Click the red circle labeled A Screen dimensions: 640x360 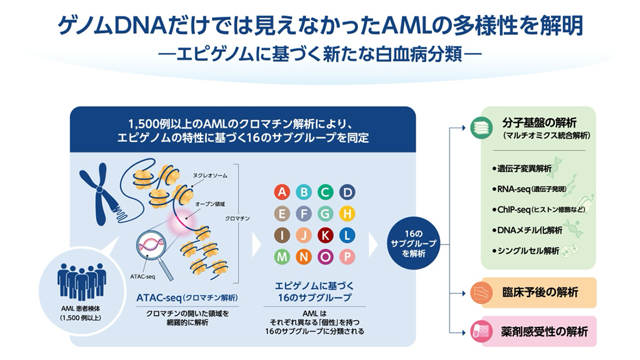point(282,192)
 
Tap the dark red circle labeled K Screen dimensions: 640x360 point(325,235)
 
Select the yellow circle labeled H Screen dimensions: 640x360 point(347,214)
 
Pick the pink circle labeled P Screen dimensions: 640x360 point(347,257)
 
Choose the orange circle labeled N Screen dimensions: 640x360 point(303,257)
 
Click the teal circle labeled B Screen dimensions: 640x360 point(303,192)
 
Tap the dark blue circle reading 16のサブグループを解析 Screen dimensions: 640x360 point(413,243)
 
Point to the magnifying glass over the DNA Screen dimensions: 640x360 point(153,251)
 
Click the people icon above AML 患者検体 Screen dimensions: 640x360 point(82,282)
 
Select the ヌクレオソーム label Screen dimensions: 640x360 point(210,175)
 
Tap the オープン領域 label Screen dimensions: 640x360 point(210,204)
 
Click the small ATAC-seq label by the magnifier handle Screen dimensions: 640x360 point(142,277)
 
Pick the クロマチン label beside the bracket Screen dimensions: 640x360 point(237,219)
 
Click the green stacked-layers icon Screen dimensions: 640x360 point(482,127)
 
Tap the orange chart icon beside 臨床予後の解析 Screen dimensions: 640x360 point(482,293)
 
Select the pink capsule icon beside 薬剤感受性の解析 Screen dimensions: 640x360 point(482,331)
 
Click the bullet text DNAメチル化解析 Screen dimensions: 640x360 point(527,230)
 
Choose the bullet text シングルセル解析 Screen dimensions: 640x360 point(525,251)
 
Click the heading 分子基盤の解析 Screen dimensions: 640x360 point(539,123)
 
